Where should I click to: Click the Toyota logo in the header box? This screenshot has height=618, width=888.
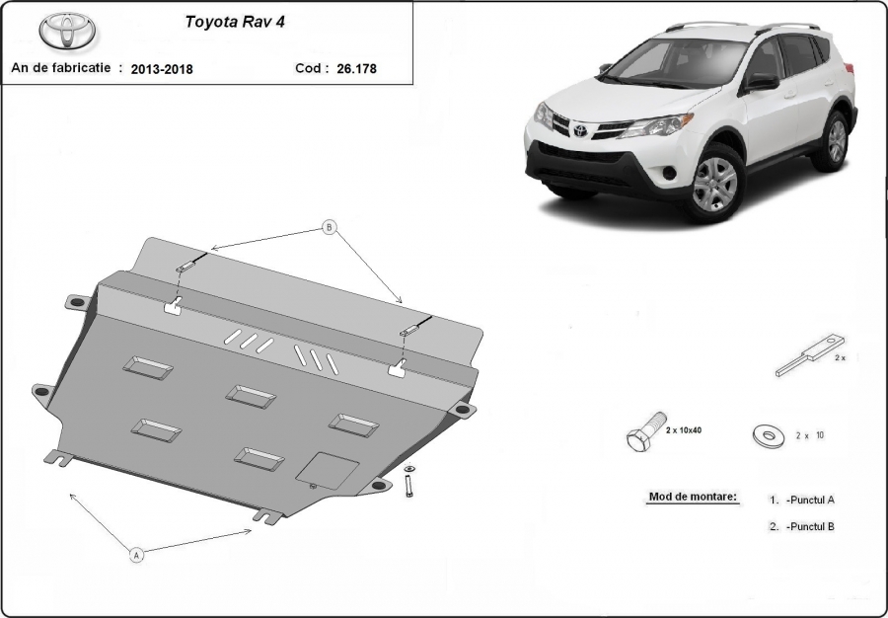[x=67, y=31]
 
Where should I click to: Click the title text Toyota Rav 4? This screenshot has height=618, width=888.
[x=235, y=22]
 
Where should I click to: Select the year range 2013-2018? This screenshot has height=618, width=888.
[x=162, y=69]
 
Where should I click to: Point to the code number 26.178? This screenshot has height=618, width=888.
[x=356, y=68]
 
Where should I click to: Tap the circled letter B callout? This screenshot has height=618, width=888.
[x=330, y=228]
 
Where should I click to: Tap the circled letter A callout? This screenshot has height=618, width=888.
[x=136, y=555]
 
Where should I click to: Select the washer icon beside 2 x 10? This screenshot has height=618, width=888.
[x=769, y=436]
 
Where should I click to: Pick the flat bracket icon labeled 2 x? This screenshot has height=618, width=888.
[x=810, y=354]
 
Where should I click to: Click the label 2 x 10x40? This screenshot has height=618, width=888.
[x=684, y=430]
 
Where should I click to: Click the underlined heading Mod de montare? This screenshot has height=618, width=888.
[x=694, y=497]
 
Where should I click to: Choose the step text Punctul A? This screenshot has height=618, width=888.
[x=810, y=500]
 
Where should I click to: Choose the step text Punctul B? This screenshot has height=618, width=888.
[x=810, y=526]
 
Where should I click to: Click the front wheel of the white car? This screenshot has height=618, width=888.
[x=715, y=184]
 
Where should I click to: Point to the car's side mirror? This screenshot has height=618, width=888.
[x=761, y=82]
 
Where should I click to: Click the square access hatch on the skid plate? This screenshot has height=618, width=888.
[x=328, y=471]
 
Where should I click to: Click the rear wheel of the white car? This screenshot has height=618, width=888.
[x=832, y=140]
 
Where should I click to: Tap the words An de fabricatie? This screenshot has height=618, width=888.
[x=60, y=67]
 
